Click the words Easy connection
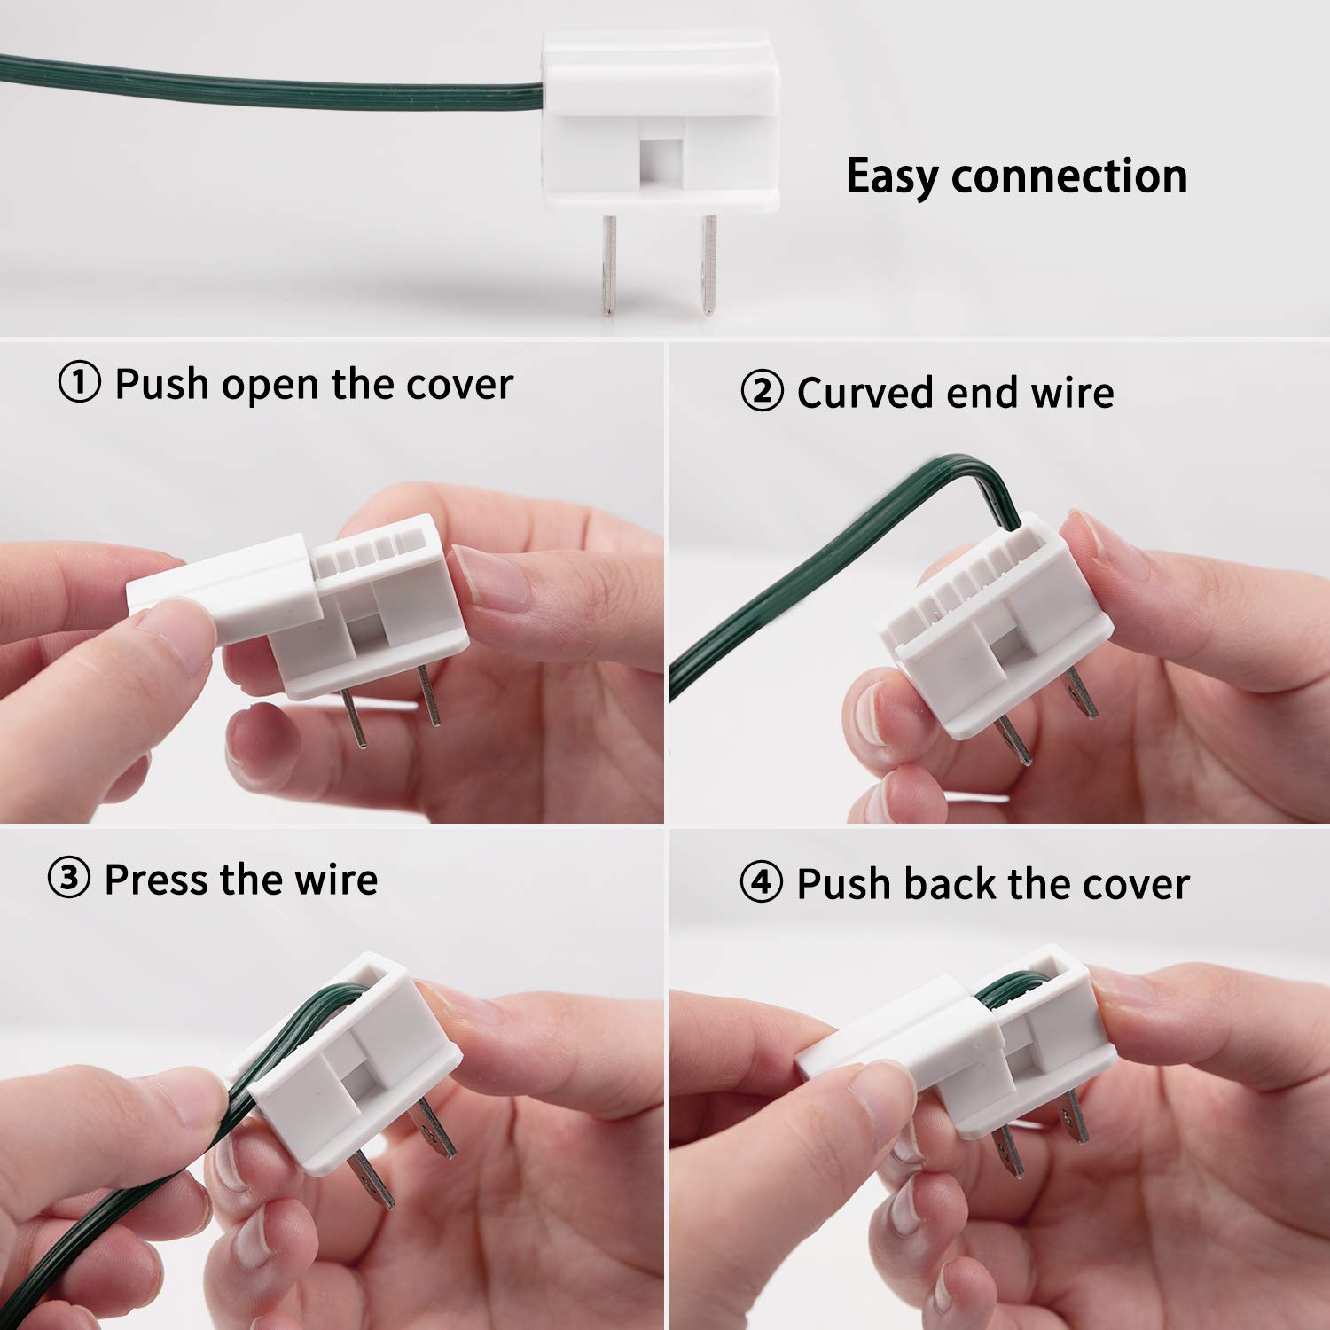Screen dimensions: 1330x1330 (x=1016, y=176)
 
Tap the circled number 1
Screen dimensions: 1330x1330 (x=80, y=383)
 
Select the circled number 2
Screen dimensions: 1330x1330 (x=762, y=392)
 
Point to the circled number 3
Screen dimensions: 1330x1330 (x=68, y=879)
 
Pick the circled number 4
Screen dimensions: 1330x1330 (x=761, y=883)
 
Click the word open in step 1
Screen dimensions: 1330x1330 (x=270, y=386)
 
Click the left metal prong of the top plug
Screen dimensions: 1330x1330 (x=608, y=264)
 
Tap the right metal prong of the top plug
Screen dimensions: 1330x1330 (x=707, y=264)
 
